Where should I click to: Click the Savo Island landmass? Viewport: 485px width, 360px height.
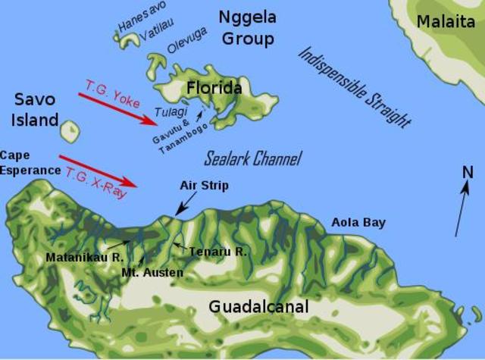[70, 132]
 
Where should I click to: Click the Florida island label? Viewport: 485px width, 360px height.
[214, 89]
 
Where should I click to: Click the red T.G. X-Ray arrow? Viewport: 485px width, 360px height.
[99, 171]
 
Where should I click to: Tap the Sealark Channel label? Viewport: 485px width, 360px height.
[253, 158]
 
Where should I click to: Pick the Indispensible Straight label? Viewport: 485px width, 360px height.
[354, 86]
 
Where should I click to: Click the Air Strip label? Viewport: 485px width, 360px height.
[204, 185]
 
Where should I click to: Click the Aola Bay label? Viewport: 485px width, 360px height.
[358, 223]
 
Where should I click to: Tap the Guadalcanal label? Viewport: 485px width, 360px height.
[258, 307]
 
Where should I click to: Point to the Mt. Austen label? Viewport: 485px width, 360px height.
[152, 271]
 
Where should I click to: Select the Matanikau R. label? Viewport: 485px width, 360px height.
[84, 257]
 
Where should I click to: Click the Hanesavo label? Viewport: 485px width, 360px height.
[141, 20]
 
